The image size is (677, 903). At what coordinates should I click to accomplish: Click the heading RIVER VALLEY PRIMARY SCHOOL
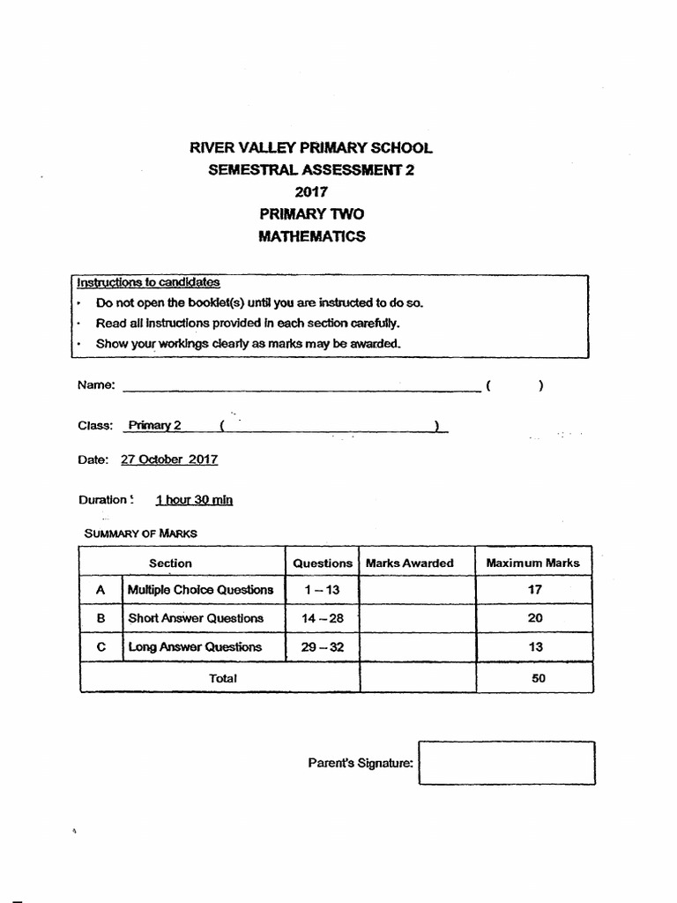tap(311, 147)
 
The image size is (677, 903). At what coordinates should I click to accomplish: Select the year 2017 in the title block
tap(311, 191)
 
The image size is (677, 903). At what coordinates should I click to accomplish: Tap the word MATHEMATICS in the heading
tap(311, 236)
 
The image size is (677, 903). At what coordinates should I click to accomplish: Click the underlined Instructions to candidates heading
tap(148, 282)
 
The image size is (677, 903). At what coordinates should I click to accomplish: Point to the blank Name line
tap(300, 384)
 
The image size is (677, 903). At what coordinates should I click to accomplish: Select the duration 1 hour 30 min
tap(194, 500)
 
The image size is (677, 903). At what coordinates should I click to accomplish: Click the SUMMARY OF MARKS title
tap(140, 534)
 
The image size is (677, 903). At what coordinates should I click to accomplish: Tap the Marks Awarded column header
tap(409, 563)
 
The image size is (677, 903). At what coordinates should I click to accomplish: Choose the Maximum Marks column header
tap(532, 563)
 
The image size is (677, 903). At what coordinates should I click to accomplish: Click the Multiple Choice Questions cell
tap(200, 590)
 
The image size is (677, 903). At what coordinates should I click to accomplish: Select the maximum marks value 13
tap(535, 646)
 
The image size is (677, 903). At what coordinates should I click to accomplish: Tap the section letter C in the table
tap(100, 646)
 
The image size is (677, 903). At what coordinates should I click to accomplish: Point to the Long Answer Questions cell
tap(195, 646)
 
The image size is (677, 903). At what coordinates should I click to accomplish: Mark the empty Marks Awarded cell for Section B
tap(418, 618)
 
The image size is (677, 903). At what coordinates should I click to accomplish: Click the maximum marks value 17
tap(535, 590)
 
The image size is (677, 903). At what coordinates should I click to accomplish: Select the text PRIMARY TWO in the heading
tap(311, 214)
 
